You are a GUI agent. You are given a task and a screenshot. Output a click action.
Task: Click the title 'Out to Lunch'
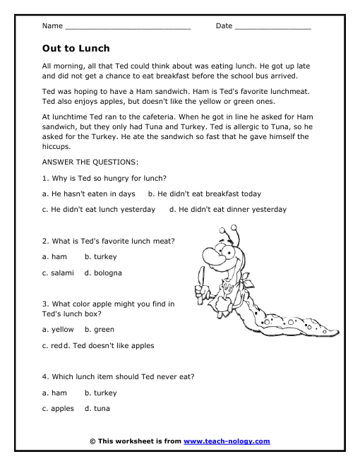(x=76, y=49)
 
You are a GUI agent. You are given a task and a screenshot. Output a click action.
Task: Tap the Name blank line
(x=127, y=28)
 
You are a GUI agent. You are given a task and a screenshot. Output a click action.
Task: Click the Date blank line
(x=272, y=28)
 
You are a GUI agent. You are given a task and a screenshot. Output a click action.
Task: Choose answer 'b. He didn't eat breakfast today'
(x=204, y=193)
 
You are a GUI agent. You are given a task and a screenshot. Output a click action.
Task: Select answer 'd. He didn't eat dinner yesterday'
(x=228, y=210)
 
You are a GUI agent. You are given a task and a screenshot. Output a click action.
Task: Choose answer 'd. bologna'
(x=103, y=273)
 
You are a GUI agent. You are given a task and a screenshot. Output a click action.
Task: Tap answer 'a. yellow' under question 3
(x=58, y=330)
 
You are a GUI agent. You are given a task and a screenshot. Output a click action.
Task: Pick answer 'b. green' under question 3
(x=100, y=330)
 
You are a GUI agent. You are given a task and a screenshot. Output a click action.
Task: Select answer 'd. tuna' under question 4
(x=97, y=409)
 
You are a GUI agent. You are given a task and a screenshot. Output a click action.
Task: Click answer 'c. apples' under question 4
(x=58, y=409)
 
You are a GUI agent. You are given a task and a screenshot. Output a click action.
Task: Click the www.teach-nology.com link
(x=227, y=442)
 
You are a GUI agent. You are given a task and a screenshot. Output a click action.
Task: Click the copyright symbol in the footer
(x=92, y=442)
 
